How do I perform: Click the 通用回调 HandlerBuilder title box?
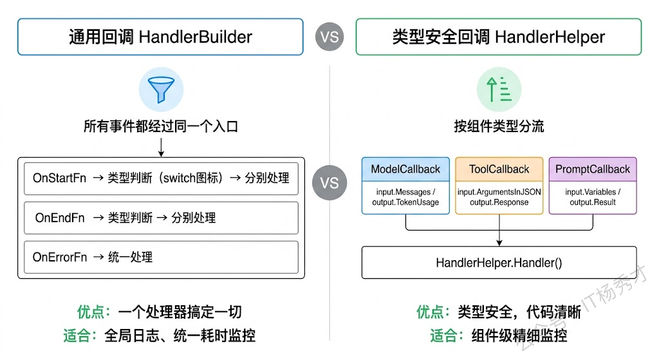point(160,37)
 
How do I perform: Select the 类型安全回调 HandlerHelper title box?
point(498,37)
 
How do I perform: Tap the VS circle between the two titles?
point(329,37)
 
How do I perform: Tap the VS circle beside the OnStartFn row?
point(329,182)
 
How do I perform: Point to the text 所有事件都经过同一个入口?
point(161,126)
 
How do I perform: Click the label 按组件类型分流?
point(499,126)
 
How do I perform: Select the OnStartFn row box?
point(161,178)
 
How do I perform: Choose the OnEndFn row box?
point(161,218)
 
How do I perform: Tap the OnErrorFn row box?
point(161,257)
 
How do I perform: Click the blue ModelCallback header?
point(405,169)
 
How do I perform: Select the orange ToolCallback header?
point(499,169)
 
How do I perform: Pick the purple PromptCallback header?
point(593,169)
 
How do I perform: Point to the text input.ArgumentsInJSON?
point(499,191)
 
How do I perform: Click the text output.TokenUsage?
point(405,202)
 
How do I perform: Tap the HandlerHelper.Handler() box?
point(499,262)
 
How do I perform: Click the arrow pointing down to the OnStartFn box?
point(161,148)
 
